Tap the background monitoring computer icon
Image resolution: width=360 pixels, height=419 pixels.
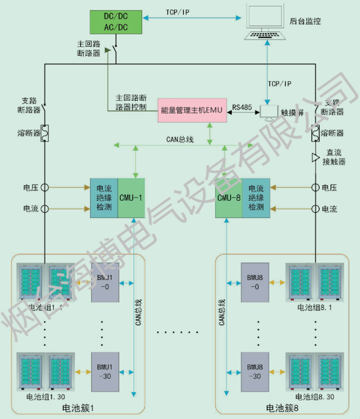266,23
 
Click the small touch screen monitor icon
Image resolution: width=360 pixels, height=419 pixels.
269,111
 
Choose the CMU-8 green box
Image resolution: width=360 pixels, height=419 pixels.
228,198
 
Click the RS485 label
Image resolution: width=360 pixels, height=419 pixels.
242,107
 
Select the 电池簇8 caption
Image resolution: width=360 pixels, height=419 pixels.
282,409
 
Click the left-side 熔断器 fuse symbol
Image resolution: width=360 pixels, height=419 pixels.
44,133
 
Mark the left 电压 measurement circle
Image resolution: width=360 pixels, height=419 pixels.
44,187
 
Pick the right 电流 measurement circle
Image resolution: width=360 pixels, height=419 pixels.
316,208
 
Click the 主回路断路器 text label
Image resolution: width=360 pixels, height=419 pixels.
89,48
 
